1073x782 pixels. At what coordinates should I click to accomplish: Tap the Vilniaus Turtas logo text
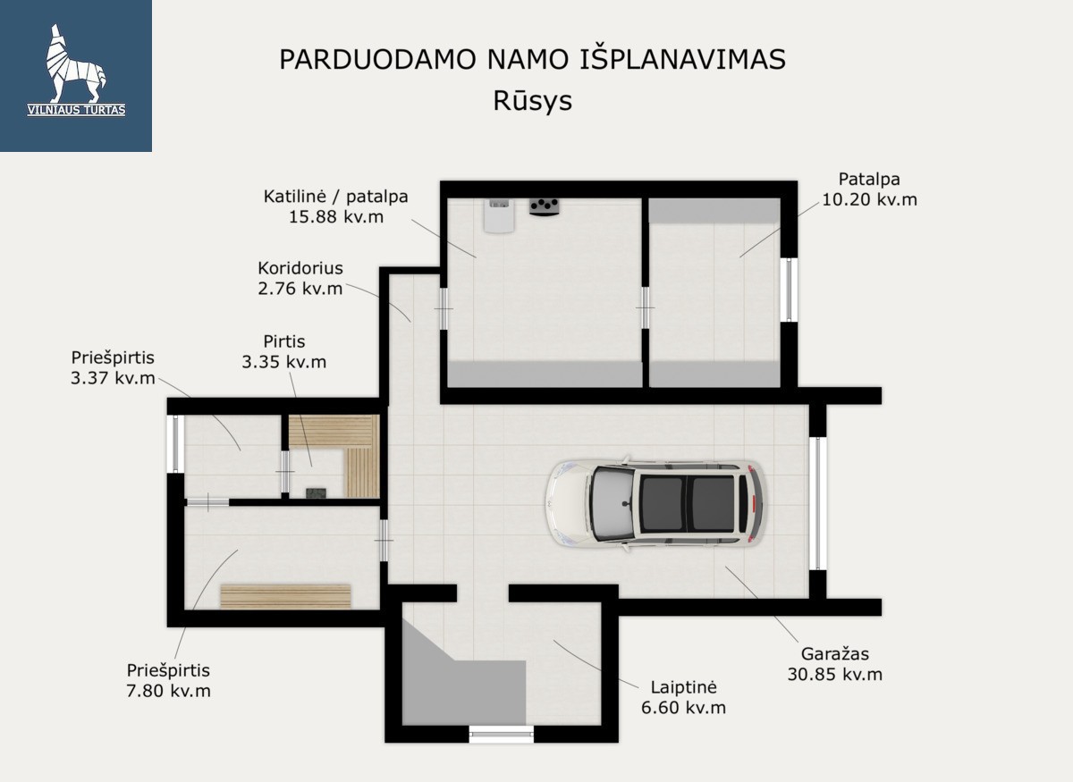[x=76, y=110]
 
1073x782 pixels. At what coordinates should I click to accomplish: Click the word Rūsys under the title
[x=533, y=101]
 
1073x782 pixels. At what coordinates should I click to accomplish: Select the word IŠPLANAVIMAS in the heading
[x=682, y=59]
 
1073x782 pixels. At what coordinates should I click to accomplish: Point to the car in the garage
[x=655, y=503]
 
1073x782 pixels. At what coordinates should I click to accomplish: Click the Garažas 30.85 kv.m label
[x=835, y=664]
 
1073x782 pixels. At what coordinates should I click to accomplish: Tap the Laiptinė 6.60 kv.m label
[x=683, y=697]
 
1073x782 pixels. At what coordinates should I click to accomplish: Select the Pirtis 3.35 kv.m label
[x=284, y=351]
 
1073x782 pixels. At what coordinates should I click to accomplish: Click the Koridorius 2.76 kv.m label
[x=300, y=278]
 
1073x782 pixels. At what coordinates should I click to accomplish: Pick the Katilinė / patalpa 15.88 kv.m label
[x=336, y=206]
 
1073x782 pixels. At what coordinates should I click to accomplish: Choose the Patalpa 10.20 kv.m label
[x=869, y=189]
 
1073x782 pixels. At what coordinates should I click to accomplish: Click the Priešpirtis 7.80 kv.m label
[x=168, y=680]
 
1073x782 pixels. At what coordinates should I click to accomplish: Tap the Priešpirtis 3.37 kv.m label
[x=113, y=368]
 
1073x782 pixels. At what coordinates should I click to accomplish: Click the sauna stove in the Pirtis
[x=317, y=492]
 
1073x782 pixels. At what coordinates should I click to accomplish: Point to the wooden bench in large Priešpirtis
[x=285, y=597]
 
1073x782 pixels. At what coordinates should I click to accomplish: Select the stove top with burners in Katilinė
[x=545, y=207]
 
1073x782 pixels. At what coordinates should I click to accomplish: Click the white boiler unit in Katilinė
[x=499, y=216]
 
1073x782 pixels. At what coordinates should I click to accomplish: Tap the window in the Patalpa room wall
[x=789, y=290]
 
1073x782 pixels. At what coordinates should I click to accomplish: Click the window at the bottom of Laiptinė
[x=501, y=734]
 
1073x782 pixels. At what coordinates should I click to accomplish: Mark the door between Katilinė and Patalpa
[x=646, y=308]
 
